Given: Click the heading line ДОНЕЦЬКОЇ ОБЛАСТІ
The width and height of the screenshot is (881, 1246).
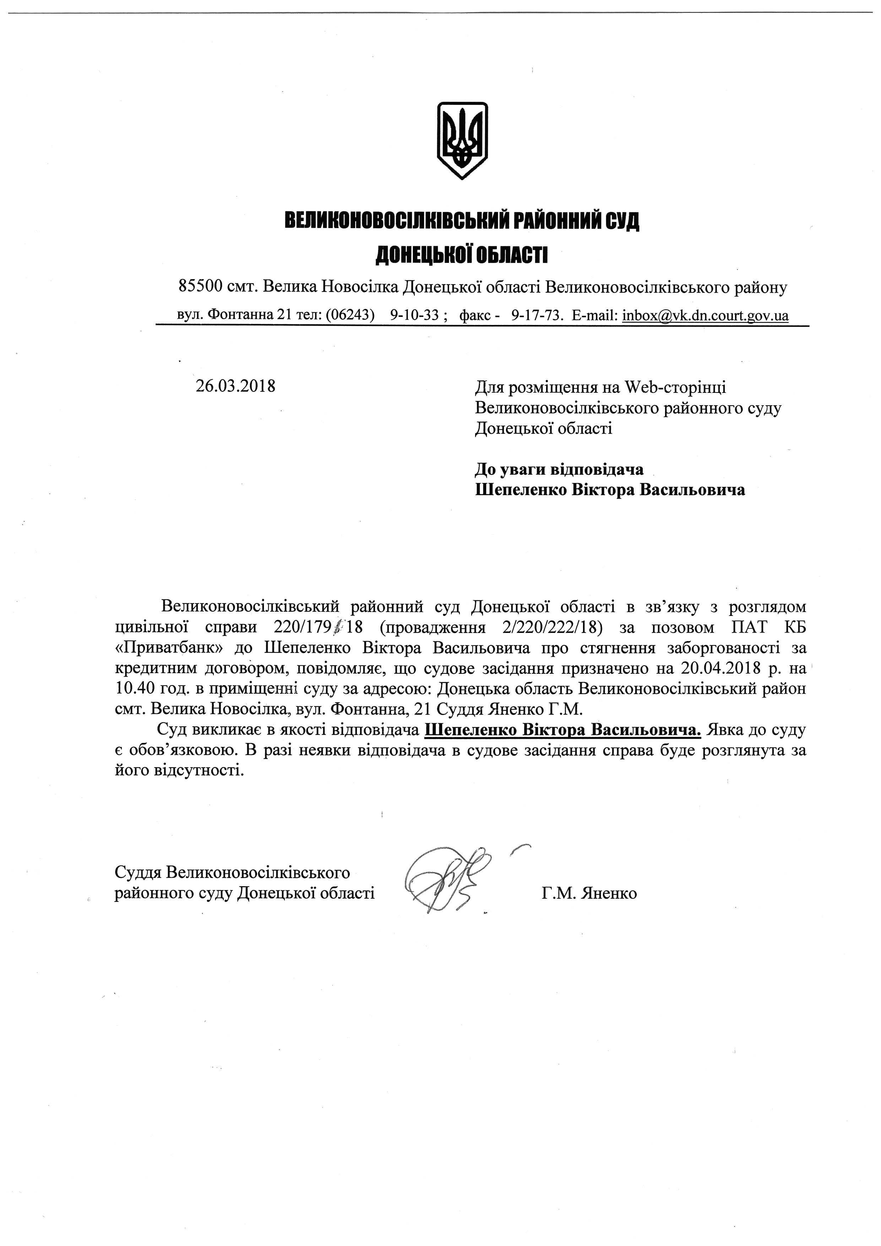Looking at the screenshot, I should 462,255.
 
